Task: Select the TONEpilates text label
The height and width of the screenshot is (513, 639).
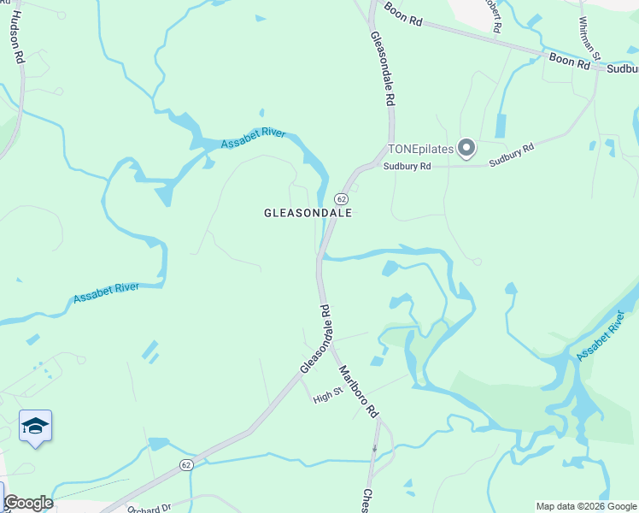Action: [422, 149]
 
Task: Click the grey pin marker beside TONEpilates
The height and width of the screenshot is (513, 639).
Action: [466, 150]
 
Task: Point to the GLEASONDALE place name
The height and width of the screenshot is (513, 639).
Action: [308, 214]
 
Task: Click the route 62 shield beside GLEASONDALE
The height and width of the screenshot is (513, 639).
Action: [340, 198]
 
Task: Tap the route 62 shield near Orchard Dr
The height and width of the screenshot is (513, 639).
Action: [186, 464]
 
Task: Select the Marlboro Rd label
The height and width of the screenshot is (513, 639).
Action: [358, 391]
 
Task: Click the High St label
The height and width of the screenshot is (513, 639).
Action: [327, 396]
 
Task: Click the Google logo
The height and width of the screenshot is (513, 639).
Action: [28, 503]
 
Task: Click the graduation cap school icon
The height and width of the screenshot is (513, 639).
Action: [36, 425]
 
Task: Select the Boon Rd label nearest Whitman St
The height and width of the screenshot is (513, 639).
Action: [570, 62]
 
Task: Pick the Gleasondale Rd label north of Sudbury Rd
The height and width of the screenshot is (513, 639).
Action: [382, 68]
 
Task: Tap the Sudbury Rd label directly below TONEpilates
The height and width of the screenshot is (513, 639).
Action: [407, 167]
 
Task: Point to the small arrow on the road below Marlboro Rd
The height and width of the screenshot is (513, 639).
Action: [375, 448]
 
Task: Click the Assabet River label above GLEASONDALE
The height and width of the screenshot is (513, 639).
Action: [253, 139]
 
